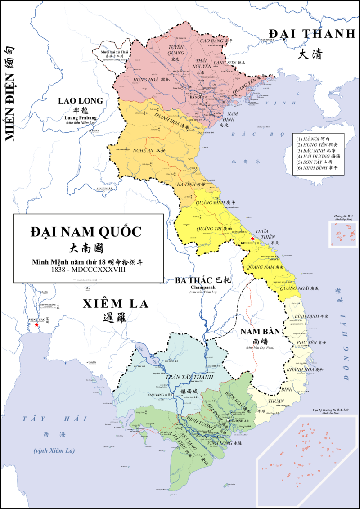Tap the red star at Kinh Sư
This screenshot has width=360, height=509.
(x=252, y=239)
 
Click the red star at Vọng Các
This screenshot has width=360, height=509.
(x=36, y=325)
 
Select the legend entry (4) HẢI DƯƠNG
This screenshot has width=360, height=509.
(x=317, y=157)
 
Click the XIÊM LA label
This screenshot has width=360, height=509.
(x=115, y=304)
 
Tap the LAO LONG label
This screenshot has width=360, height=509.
(x=81, y=101)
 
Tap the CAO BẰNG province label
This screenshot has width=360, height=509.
(x=211, y=41)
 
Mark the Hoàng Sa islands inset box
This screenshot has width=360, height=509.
(x=344, y=234)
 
